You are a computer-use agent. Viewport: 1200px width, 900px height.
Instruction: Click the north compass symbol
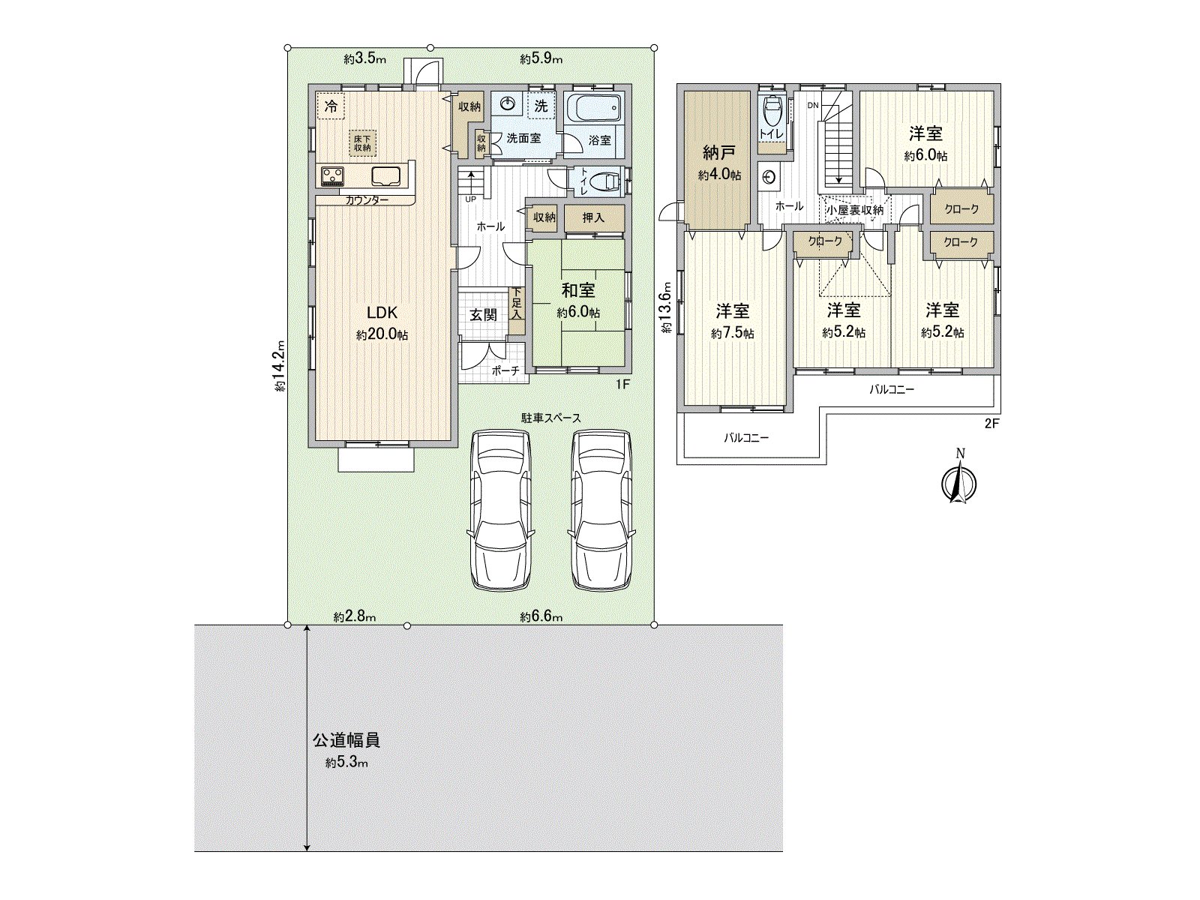pyautogui.click(x=958, y=481)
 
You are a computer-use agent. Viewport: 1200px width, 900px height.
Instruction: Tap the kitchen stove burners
pyautogui.click(x=332, y=175)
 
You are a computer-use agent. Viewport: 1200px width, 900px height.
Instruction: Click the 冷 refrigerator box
pyautogui.click(x=330, y=106)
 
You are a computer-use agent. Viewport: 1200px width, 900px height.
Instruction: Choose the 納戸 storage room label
pyautogui.click(x=718, y=154)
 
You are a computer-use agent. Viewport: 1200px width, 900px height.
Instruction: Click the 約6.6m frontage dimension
pyautogui.click(x=541, y=616)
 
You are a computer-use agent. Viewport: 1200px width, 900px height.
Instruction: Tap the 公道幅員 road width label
pyautogui.click(x=346, y=740)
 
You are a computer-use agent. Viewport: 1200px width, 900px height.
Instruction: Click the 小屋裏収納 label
pyautogui.click(x=854, y=210)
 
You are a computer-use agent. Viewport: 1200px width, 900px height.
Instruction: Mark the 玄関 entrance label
pyautogui.click(x=484, y=314)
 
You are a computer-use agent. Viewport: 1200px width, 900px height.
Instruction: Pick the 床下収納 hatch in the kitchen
pyautogui.click(x=363, y=142)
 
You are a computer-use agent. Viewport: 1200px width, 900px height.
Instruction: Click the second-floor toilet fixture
pyautogui.click(x=772, y=114)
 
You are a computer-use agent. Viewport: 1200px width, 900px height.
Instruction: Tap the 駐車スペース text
pyautogui.click(x=551, y=418)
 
